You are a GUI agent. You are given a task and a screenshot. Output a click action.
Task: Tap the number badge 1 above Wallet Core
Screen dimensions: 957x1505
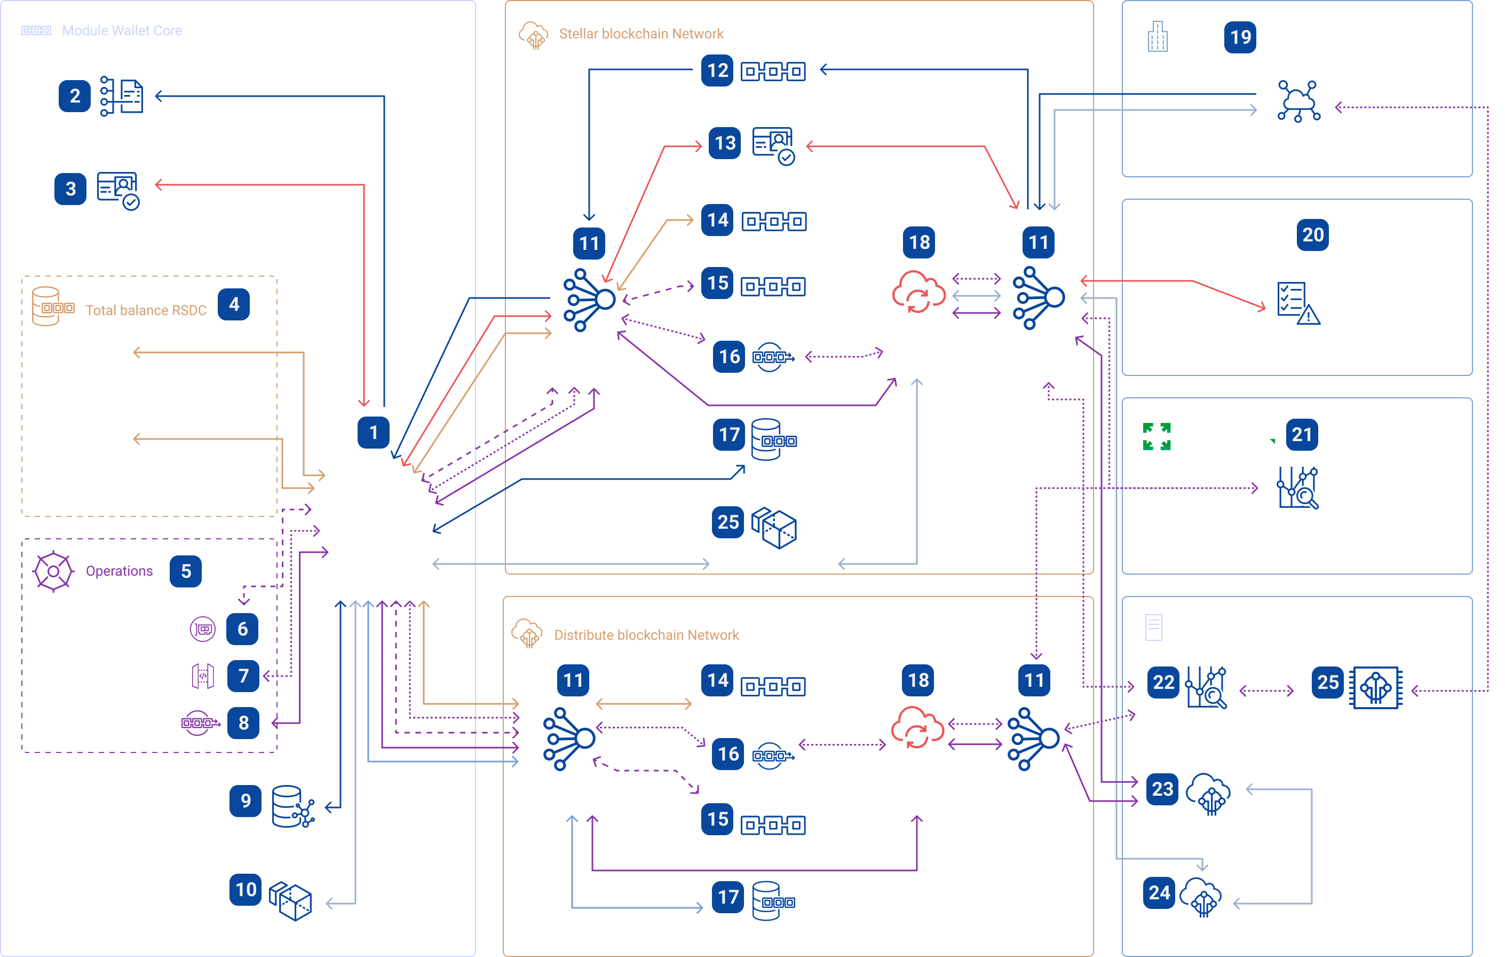tap(373, 432)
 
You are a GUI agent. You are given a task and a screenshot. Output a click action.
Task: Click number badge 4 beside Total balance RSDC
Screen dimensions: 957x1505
tap(234, 304)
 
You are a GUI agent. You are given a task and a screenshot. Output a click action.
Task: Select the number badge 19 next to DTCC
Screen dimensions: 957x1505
tap(1240, 37)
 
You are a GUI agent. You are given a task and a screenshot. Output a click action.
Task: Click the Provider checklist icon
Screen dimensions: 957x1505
tap(1297, 303)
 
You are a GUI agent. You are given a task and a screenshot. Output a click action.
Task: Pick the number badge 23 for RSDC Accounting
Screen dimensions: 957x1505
tap(1162, 789)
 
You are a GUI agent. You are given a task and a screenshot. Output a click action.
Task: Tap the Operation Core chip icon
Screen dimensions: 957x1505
tap(1376, 687)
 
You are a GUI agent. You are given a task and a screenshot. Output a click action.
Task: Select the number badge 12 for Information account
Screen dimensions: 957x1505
tap(717, 70)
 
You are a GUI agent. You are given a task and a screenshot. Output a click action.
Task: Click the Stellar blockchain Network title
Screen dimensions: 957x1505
tap(640, 34)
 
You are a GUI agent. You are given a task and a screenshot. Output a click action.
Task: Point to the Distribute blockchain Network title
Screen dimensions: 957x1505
tap(646, 635)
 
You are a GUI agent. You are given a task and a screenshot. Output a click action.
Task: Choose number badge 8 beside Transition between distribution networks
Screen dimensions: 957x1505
tap(243, 723)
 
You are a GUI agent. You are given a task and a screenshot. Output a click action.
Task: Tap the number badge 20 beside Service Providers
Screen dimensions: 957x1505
tap(1312, 235)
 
